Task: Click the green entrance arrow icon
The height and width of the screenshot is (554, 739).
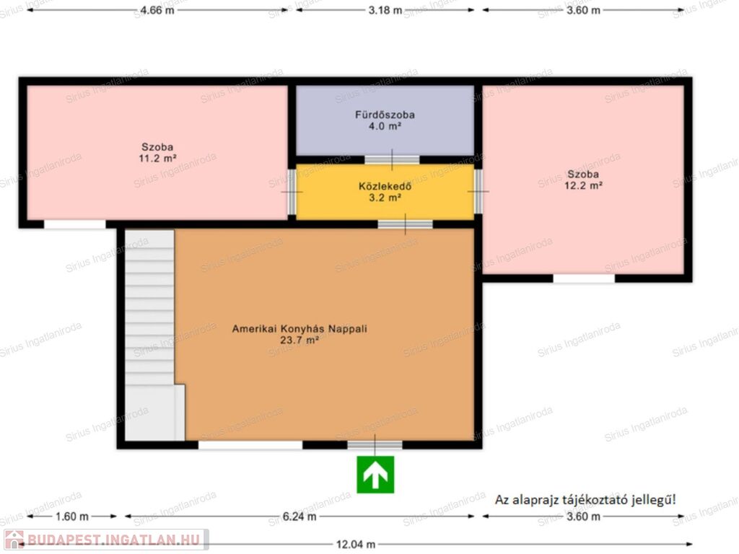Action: tap(375, 475)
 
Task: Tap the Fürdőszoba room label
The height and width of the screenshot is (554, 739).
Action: tap(385, 115)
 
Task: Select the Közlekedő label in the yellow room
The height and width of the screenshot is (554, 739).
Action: tap(385, 186)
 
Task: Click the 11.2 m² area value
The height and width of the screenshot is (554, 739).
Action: tap(157, 158)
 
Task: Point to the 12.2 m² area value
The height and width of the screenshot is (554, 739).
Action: tap(583, 185)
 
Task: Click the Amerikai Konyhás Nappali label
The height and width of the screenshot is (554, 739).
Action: tap(299, 329)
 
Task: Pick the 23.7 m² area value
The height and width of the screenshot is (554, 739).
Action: tap(299, 340)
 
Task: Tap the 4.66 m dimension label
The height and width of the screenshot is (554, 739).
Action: tap(157, 10)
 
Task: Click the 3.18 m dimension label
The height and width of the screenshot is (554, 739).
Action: tap(385, 10)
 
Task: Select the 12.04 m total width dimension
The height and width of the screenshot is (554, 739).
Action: tap(356, 545)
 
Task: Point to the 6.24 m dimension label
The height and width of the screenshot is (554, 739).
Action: tap(299, 516)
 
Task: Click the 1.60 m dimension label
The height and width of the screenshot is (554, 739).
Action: tap(72, 516)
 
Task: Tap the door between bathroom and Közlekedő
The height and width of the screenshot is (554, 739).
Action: tap(392, 159)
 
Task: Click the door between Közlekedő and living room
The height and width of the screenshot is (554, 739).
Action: tap(406, 224)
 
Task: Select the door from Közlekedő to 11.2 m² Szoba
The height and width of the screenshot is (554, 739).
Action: tap(292, 192)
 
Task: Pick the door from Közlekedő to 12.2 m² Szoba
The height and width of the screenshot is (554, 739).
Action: tap(478, 191)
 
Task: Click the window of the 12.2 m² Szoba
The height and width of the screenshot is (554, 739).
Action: tap(584, 278)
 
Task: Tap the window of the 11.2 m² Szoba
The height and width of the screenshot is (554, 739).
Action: tap(75, 224)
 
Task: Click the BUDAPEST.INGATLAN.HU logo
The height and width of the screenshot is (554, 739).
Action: tap(106, 540)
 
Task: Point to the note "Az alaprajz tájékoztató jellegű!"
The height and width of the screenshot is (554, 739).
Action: tap(585, 500)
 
